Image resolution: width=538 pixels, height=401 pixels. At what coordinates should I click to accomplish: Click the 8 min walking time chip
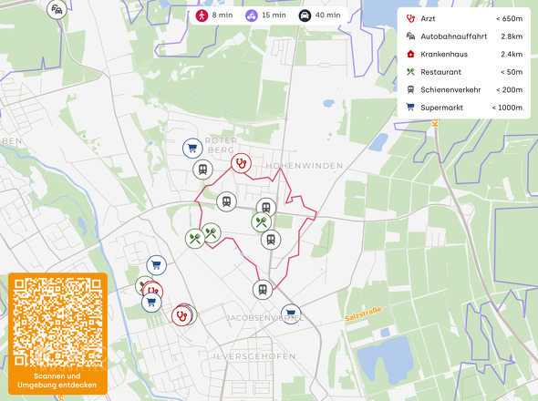click(215, 15)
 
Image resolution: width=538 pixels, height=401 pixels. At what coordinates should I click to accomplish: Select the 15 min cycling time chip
click(267, 15)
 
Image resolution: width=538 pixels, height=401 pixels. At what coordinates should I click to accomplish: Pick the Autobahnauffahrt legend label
click(453, 36)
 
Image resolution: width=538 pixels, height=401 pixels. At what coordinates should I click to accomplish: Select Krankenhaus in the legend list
click(444, 54)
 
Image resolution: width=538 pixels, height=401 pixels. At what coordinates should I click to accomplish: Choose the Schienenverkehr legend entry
click(451, 89)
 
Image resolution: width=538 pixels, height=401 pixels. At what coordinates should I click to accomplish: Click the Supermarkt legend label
click(442, 108)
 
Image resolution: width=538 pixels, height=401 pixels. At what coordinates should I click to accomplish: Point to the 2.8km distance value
click(512, 36)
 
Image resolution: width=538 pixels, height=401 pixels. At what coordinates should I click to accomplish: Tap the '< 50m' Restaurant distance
click(511, 72)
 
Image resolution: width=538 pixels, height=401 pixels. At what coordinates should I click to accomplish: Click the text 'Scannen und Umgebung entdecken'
click(57, 381)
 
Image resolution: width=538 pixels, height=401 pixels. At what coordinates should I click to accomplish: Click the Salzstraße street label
click(363, 314)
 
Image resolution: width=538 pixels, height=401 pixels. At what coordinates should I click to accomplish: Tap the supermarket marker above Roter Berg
click(191, 148)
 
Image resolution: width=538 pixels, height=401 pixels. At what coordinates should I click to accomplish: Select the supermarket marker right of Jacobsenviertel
click(290, 314)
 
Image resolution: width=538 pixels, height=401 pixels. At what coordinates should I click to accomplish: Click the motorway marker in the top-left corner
click(57, 9)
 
